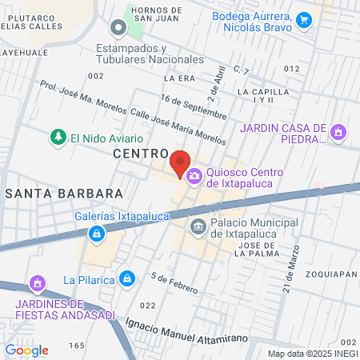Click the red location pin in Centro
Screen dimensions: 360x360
(x=179, y=162)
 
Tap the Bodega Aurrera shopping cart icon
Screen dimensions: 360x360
(x=303, y=20)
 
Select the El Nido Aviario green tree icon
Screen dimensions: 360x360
(x=58, y=138)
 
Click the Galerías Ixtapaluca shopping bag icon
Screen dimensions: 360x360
(x=97, y=234)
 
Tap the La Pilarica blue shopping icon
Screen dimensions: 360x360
(x=126, y=278)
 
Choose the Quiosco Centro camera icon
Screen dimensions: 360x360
(x=194, y=176)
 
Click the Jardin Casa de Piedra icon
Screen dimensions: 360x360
(x=338, y=131)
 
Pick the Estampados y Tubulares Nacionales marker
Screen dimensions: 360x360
(x=118, y=29)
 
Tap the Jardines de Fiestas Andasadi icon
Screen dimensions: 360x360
(x=36, y=283)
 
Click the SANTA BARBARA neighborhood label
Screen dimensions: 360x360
(x=64, y=194)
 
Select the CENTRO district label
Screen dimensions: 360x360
(x=140, y=153)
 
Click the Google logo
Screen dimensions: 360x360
(x=27, y=350)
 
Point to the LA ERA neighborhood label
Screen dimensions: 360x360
(x=179, y=78)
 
